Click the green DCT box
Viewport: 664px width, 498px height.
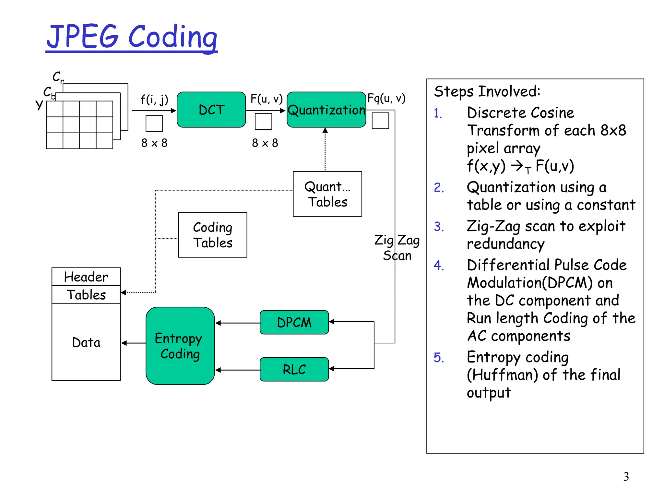pos(211,110)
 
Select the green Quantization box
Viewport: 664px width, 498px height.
pos(326,110)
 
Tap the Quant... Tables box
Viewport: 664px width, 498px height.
pos(327,194)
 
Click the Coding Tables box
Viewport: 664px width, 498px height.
pos(212,235)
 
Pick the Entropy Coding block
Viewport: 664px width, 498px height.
pos(180,346)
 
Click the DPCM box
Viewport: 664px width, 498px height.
pos(294,322)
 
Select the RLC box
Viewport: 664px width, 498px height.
pos(294,369)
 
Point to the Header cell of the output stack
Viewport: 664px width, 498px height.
pos(86,277)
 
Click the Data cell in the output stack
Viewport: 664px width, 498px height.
pos(86,342)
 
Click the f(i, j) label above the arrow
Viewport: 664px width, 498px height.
pos(154,99)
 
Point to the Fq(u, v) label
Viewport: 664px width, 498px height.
pos(386,98)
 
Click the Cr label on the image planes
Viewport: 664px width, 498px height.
pos(58,77)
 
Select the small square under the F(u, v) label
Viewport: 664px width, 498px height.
pos(263,122)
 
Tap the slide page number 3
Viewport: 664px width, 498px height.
pos(626,477)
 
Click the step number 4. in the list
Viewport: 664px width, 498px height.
pos(439,265)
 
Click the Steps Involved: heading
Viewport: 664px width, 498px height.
pos(487,91)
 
